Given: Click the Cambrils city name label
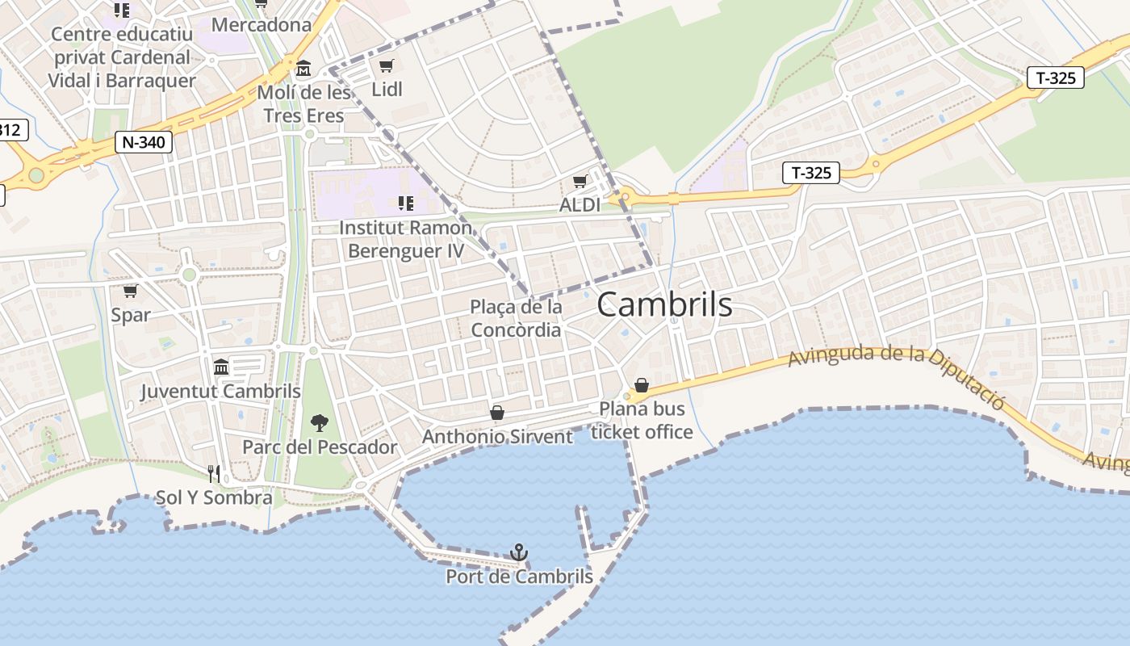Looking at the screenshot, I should click(x=664, y=304).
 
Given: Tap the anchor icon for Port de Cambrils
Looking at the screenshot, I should click(x=519, y=552).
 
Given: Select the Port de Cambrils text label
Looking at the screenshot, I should click(x=519, y=577).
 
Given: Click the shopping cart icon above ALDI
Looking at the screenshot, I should click(x=580, y=182).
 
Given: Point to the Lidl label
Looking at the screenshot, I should click(x=387, y=89).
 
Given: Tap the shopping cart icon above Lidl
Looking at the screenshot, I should click(x=387, y=65).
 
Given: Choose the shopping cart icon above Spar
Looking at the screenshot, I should click(x=130, y=291).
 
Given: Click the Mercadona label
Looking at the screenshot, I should click(x=261, y=25).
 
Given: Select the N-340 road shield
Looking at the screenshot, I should click(x=144, y=142).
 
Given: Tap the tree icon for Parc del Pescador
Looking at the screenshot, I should click(x=320, y=422).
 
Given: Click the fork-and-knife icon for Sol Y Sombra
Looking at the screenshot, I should click(x=214, y=473).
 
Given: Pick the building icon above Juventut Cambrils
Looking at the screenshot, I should click(x=221, y=367).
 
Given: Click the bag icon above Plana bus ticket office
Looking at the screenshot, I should click(x=642, y=385).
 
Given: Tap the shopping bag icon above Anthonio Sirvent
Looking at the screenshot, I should click(x=497, y=413).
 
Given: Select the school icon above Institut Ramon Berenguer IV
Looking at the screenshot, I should click(x=405, y=203).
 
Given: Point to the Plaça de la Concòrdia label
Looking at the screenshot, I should click(x=516, y=318).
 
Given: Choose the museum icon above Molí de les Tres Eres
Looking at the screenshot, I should click(x=303, y=68).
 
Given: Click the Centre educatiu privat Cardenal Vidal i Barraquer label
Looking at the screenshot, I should click(x=122, y=57).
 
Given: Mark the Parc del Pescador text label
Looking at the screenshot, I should click(x=320, y=447).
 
